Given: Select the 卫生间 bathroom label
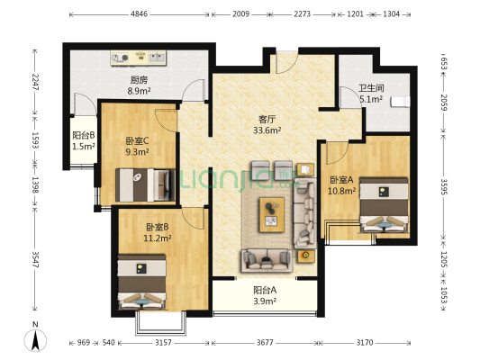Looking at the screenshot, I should click(x=371, y=88).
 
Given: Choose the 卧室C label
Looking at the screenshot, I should click(x=138, y=140).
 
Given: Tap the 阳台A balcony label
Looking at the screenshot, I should click(x=264, y=290).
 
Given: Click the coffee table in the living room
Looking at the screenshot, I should click(x=271, y=211).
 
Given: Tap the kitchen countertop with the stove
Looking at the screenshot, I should click(x=140, y=58).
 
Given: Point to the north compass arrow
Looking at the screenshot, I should click(x=35, y=340).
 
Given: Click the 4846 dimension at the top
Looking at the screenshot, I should click(x=139, y=14).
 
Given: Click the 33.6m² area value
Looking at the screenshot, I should click(x=266, y=130).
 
